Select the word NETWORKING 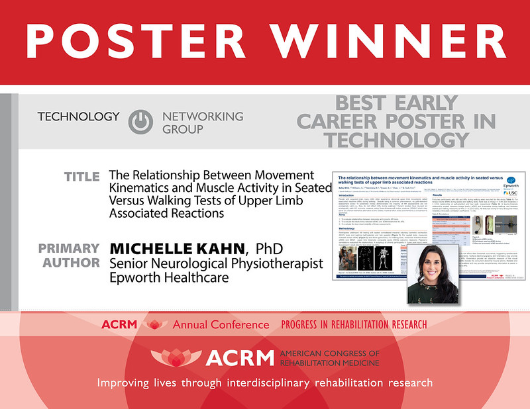[x=203, y=116]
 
